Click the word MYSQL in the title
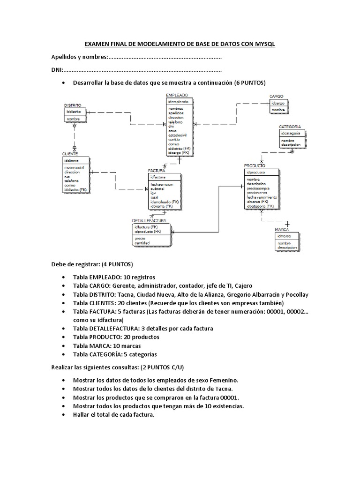pos(265,44)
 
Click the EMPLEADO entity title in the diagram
pos(177,95)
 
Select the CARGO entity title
pos(276,97)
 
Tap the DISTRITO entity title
pos(73,105)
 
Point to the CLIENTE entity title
pos(70,154)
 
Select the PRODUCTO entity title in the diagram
pos(255,165)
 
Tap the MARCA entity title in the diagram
pos(282,230)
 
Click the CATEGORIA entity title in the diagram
pos(290,127)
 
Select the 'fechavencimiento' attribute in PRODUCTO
pos(262,197)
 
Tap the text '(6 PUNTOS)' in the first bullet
pos(249,83)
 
